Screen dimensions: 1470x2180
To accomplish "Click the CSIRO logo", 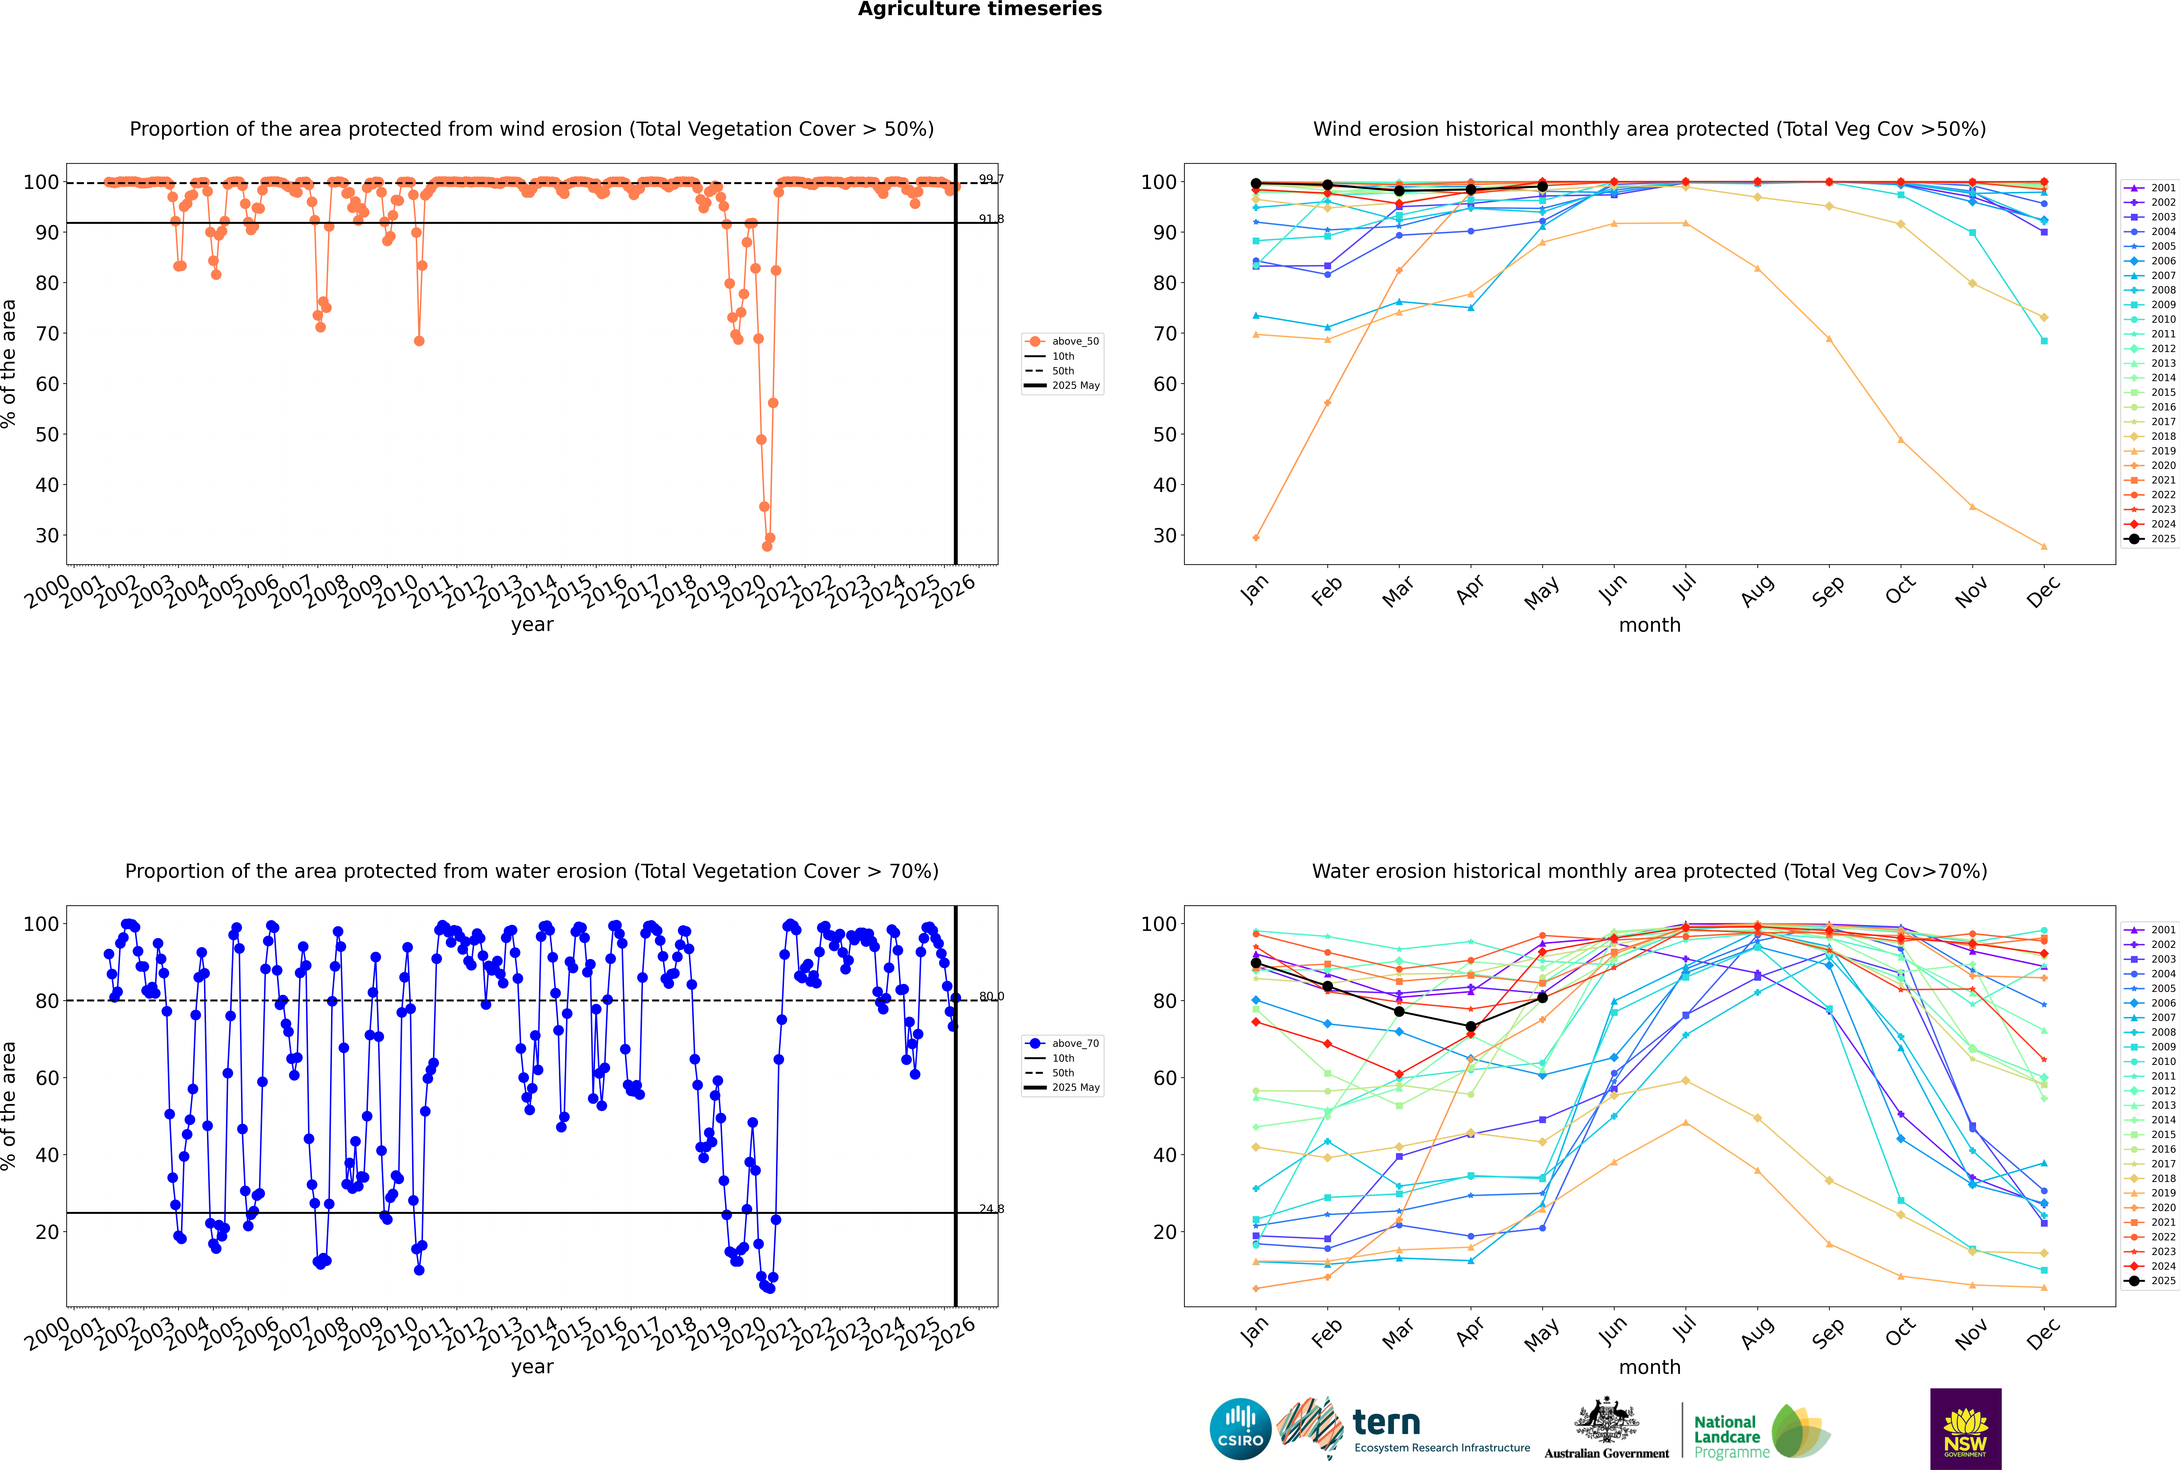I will [x=1240, y=1429].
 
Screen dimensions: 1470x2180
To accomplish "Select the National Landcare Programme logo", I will [x=1760, y=1432].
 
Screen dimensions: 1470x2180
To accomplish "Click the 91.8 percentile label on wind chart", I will [x=991, y=219].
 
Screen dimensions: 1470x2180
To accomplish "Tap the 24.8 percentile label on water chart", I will [x=991, y=1209].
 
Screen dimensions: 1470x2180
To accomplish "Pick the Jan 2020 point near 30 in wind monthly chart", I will [x=1256, y=537].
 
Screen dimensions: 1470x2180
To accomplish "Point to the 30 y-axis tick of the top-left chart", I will [x=47, y=535].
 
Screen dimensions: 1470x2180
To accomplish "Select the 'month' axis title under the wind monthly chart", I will [x=1649, y=625].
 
